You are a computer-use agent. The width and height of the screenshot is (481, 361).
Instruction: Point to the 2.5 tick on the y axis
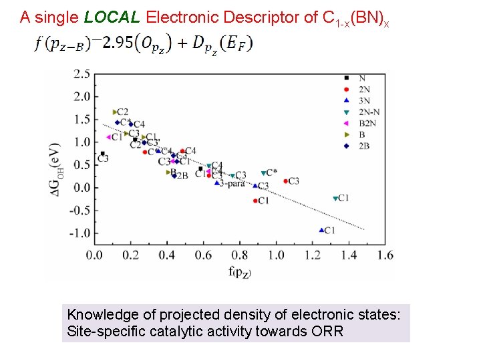81,74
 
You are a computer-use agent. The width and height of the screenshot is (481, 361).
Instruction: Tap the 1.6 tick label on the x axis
385,255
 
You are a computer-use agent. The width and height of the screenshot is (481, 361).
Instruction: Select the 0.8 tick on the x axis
239,255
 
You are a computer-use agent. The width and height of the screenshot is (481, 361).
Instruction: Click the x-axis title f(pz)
239,271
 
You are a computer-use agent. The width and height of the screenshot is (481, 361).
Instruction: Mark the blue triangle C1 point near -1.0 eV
321,230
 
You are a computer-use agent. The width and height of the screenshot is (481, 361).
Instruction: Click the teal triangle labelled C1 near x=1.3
335,199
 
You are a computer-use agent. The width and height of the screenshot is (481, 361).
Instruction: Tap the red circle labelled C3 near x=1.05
286,181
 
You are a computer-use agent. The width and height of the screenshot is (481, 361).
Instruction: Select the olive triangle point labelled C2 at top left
115,112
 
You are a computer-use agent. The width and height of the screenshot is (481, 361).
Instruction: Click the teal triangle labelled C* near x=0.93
264,173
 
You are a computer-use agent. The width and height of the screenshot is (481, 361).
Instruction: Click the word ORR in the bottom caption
327,331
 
